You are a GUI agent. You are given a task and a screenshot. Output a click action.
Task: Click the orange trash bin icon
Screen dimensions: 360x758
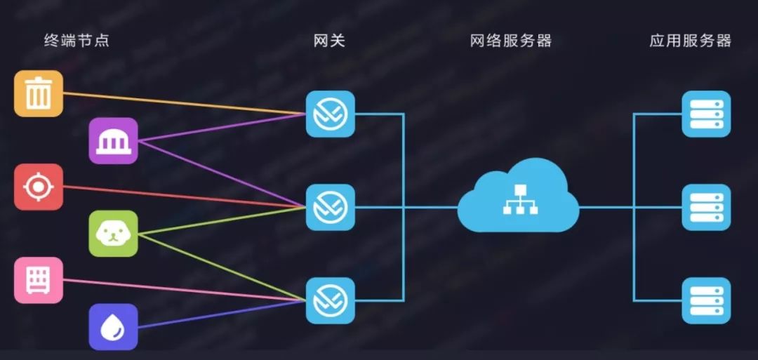pos(39,93)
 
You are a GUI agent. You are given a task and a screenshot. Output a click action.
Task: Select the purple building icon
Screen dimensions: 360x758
pos(113,140)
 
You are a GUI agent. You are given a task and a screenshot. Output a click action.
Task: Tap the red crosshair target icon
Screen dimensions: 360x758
pos(39,187)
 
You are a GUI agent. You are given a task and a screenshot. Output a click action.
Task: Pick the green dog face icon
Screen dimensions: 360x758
pos(113,233)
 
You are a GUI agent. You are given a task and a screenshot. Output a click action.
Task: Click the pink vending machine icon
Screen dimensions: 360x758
pos(39,280)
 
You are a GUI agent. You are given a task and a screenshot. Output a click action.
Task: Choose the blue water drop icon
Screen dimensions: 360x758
pos(113,326)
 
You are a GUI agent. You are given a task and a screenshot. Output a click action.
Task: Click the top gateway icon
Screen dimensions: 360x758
pos(330,114)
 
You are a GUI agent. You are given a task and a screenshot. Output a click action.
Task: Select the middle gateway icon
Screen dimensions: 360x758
pos(330,207)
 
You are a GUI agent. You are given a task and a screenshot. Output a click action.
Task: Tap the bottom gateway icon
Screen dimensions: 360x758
pos(330,300)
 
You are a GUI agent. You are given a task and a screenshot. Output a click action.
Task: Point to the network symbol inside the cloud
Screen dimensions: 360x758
pos(518,200)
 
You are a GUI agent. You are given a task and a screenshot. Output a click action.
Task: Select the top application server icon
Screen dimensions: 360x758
pos(706,114)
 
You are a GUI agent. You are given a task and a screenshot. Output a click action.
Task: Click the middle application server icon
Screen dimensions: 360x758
pos(706,207)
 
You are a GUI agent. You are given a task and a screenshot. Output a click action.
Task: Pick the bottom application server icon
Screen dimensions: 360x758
pos(706,300)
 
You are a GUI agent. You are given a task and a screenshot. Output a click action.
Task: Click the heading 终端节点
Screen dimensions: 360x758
pos(77,40)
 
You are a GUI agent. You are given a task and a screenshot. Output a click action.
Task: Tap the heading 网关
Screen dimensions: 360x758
pos(330,40)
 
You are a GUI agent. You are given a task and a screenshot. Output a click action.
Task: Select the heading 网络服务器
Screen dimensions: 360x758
pos(511,40)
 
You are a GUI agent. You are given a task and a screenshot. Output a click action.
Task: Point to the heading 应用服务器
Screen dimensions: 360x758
pos(691,40)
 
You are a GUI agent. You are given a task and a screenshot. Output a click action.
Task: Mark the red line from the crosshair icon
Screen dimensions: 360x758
pos(182,196)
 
